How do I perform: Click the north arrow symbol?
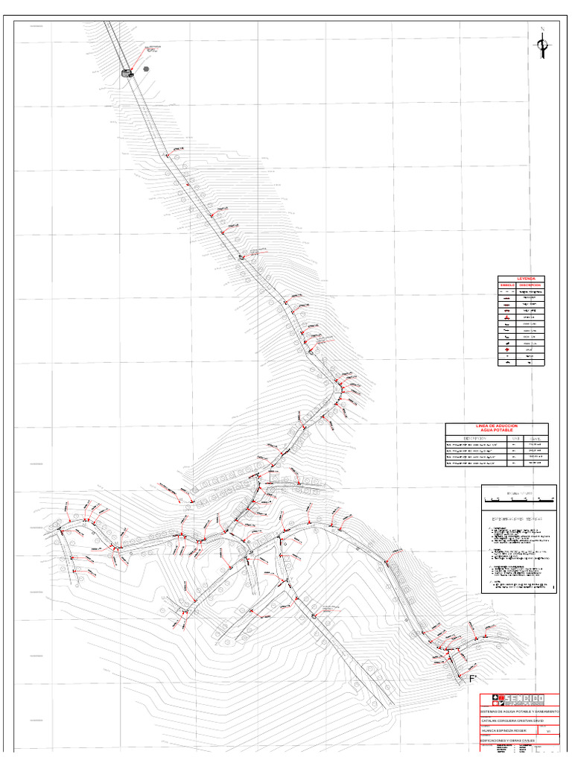point(543,48)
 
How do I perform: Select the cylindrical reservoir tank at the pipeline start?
point(127,72)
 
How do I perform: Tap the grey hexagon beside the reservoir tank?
point(146,68)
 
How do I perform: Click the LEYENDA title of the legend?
point(521,279)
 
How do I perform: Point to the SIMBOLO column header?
point(507,285)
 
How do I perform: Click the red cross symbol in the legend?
point(507,349)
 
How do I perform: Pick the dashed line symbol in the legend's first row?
point(507,291)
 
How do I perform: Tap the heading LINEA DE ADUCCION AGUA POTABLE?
point(496,428)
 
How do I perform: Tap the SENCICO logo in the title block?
point(518,700)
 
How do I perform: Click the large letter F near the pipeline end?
point(472,679)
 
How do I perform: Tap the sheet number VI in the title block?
point(549,732)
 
